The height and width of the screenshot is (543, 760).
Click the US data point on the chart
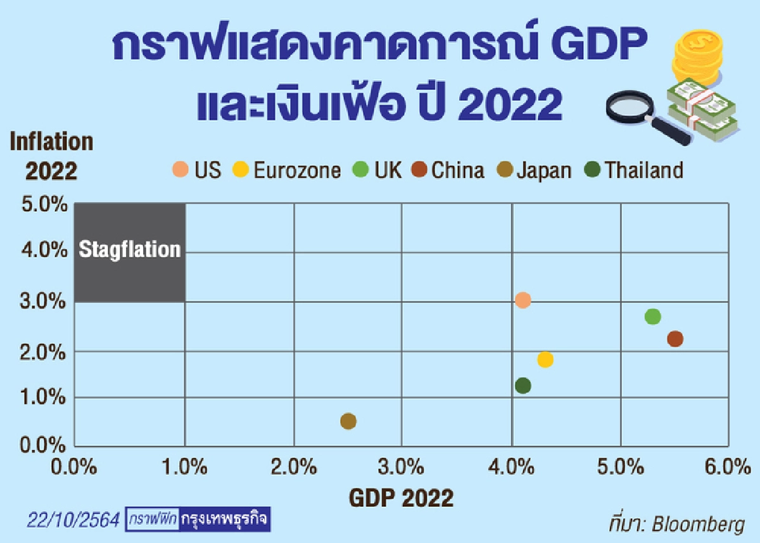coord(522,300)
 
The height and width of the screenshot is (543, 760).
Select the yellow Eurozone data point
coord(545,360)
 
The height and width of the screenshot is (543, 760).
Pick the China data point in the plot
coord(675,339)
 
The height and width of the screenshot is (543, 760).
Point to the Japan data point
coord(348,421)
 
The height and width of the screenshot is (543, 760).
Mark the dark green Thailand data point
coord(522,385)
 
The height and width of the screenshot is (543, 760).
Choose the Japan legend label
coord(544,170)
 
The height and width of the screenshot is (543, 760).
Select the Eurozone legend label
coord(297,170)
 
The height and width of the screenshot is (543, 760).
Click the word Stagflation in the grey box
coord(130,250)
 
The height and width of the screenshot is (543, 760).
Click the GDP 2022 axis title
coord(402,498)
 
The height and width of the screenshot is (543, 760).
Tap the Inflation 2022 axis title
coord(51,156)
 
